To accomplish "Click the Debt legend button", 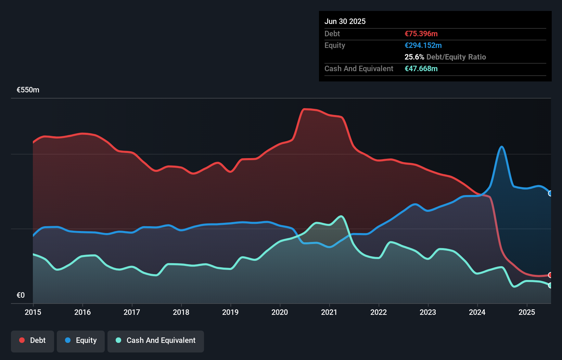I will pos(33,340).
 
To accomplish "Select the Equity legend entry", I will pos(81,340).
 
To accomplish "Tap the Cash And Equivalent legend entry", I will pos(156,340).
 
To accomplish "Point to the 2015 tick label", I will pos(33,312).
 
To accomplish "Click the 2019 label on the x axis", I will pos(230,312).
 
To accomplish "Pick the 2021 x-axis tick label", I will pos(329,312).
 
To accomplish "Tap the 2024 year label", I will pos(477,312).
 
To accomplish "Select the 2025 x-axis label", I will pos(527,312).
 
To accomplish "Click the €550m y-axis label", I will pos(28,90).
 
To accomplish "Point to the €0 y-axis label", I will pos(21,295).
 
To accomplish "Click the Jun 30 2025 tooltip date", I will pos(345,21).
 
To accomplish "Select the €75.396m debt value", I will pos(421,34).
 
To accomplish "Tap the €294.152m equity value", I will pos(423,45).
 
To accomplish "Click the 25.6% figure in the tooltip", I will pos(414,57).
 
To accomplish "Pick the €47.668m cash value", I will pos(421,68).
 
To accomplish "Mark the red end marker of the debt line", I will pos(550,275).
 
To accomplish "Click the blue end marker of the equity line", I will pos(550,193).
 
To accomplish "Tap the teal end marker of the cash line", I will pos(550,285).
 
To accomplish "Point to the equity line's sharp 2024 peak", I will pos(502,147).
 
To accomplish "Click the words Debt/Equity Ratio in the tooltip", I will pos(456,57).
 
